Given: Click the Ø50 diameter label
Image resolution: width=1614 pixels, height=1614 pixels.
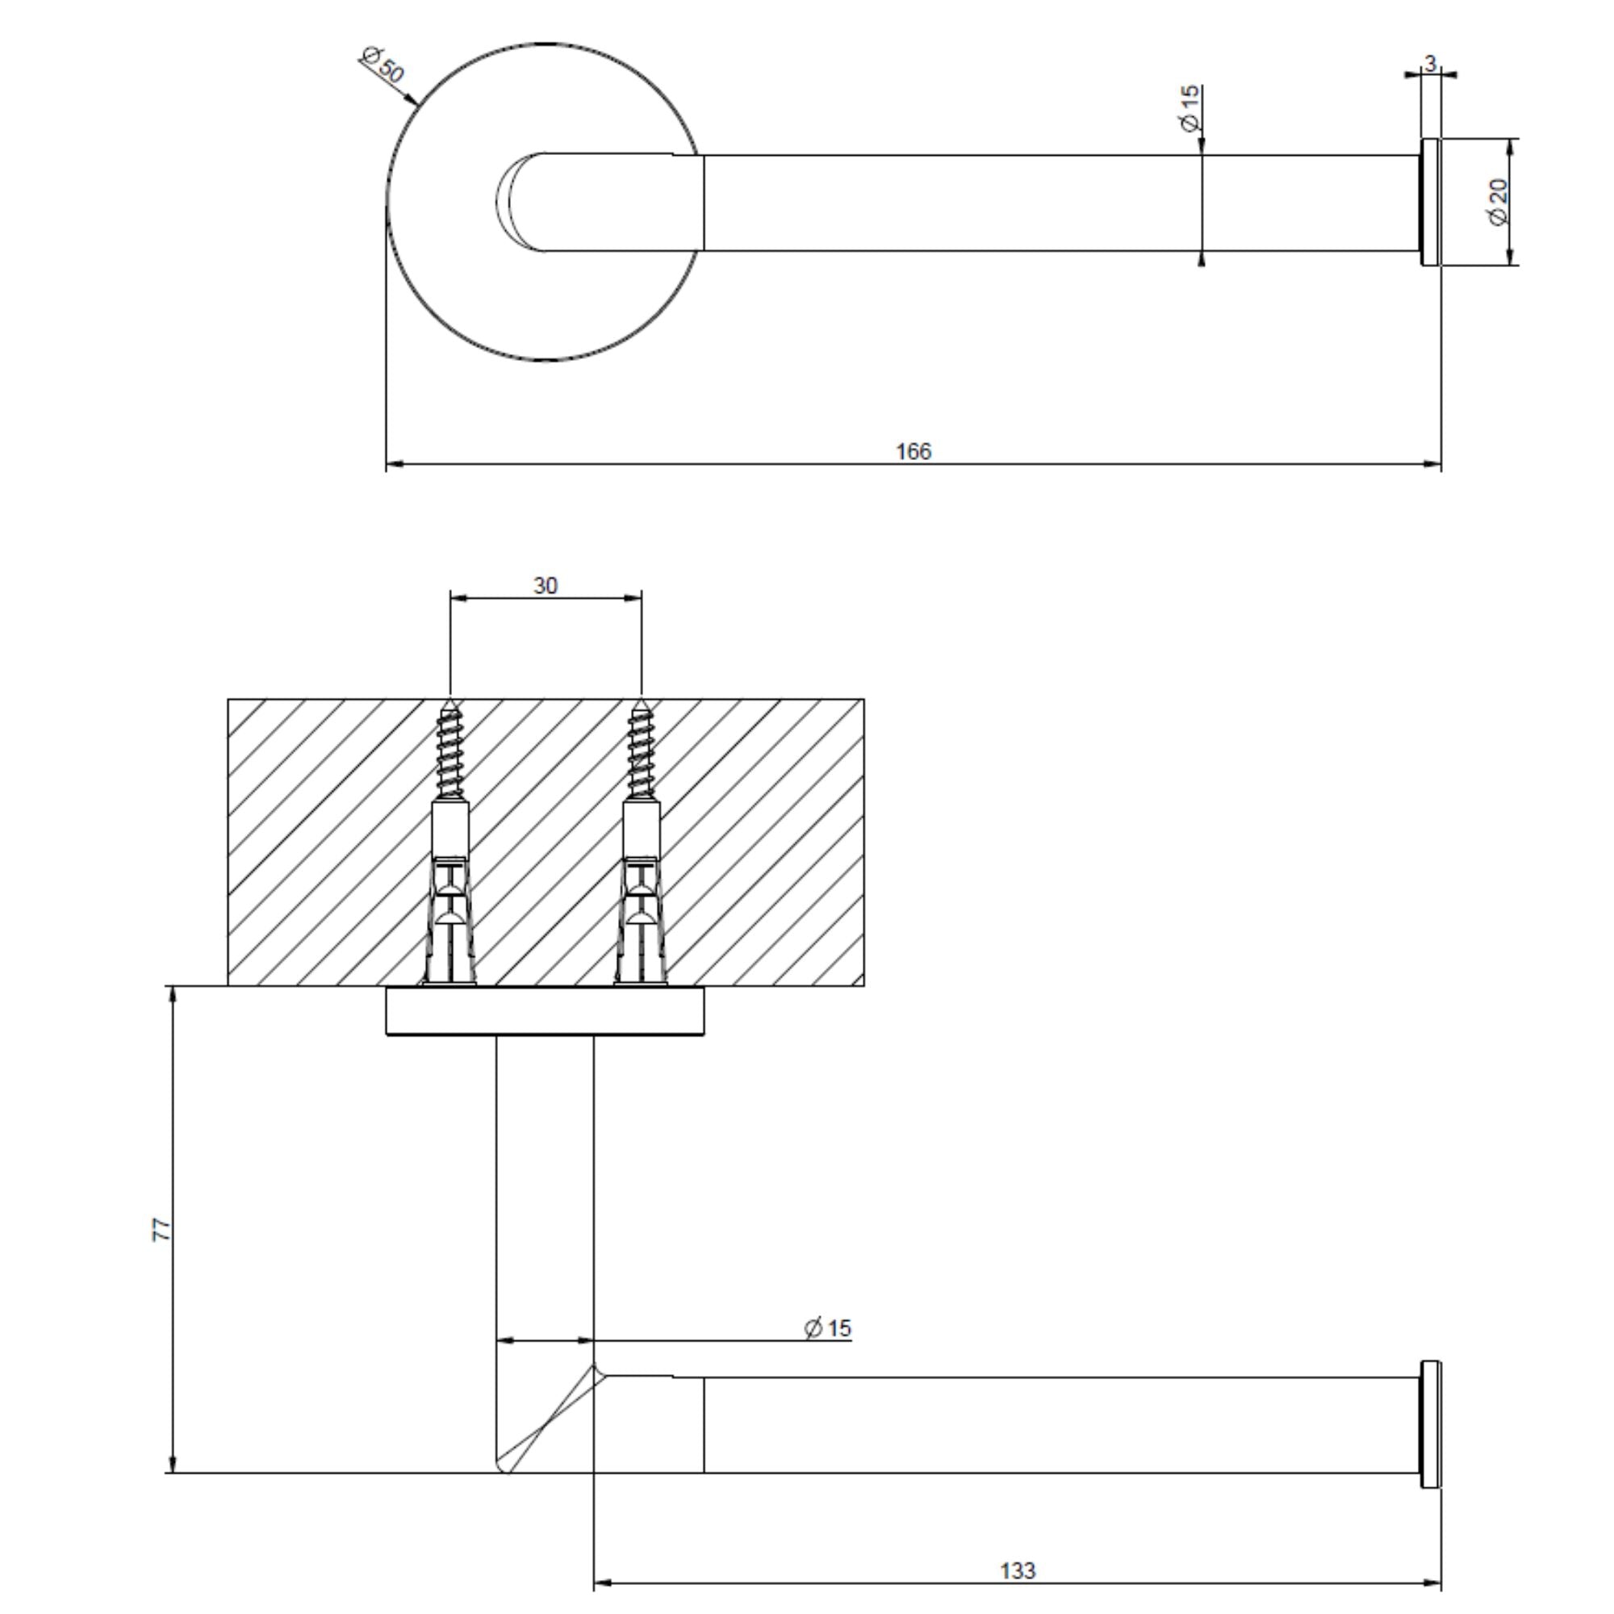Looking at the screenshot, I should pyautogui.click(x=383, y=66).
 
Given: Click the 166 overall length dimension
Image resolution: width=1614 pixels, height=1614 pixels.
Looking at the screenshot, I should pyautogui.click(x=912, y=452).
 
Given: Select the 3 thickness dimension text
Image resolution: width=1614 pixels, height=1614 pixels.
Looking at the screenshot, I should pyautogui.click(x=1430, y=64).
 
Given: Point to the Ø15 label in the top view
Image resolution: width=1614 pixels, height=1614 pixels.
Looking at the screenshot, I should pyautogui.click(x=1189, y=108).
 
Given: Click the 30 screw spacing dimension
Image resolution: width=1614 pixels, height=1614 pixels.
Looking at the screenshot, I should pyautogui.click(x=545, y=587).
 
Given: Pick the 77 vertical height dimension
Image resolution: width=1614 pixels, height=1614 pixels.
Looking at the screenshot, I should pyautogui.click(x=162, y=1230).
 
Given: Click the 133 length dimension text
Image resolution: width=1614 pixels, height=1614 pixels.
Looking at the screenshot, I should pyautogui.click(x=1018, y=1571).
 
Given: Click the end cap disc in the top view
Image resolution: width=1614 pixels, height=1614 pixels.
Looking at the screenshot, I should pyautogui.click(x=1430, y=203).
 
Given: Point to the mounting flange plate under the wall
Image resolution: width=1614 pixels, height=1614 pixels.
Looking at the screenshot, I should pyautogui.click(x=545, y=1011).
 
